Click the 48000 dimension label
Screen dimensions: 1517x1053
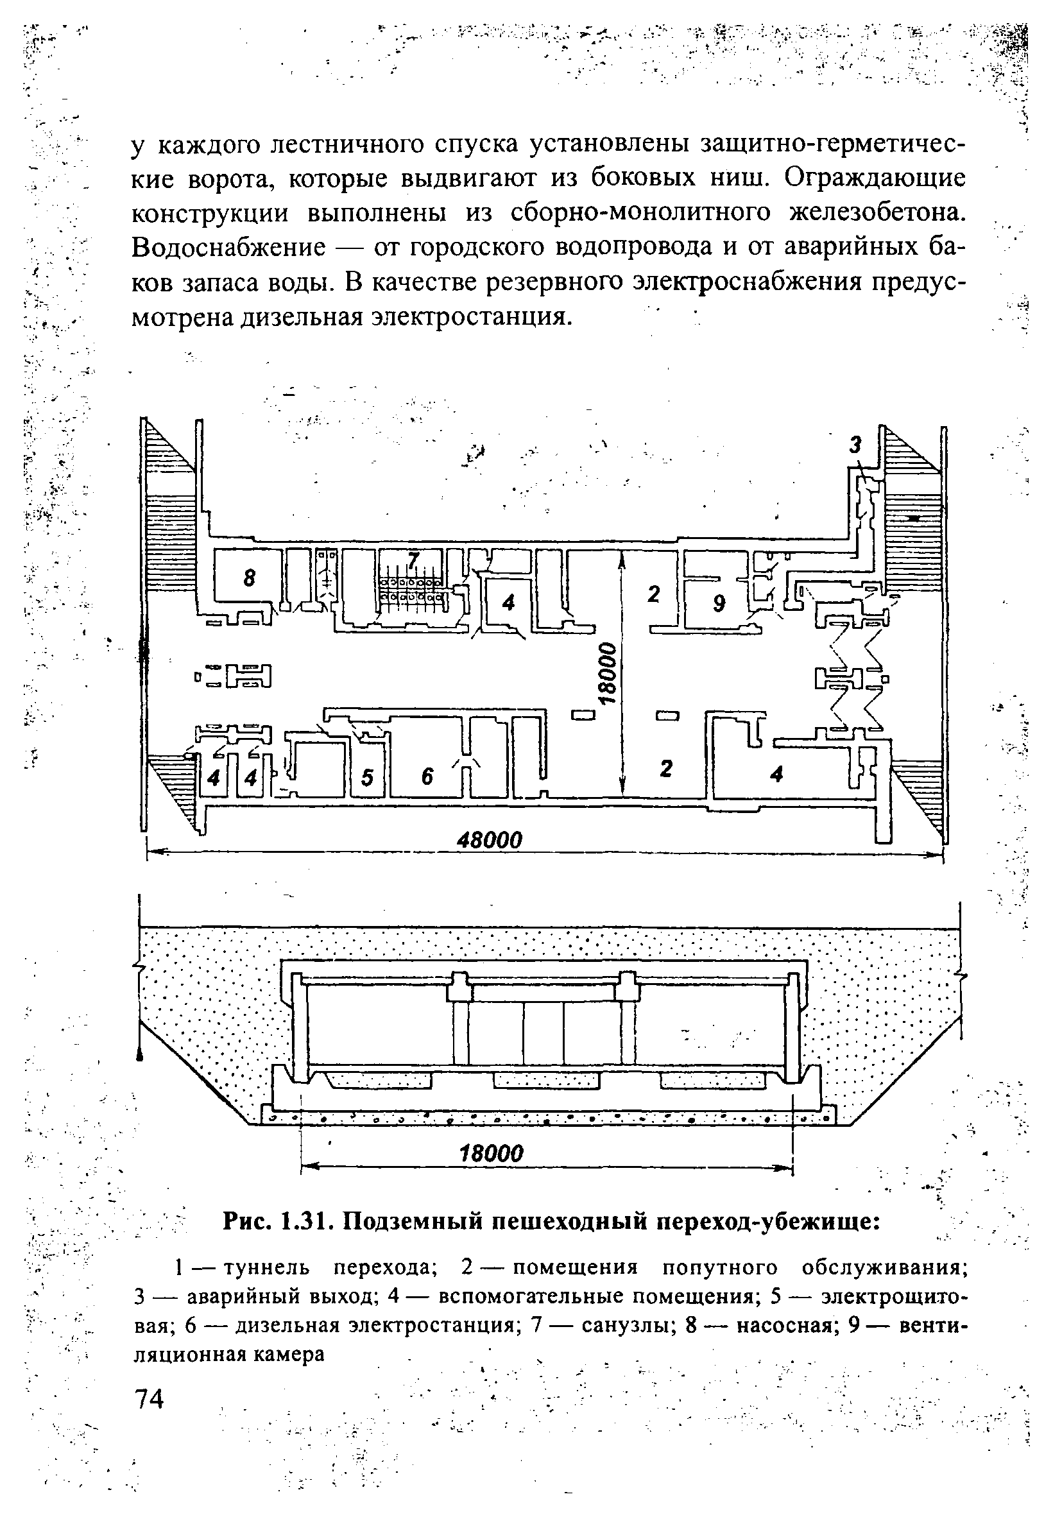tap(489, 840)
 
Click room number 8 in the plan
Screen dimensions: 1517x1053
tap(249, 579)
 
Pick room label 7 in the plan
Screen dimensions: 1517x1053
tap(413, 560)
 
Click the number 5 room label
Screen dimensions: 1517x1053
tap(367, 778)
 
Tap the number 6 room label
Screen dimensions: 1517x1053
tap(427, 778)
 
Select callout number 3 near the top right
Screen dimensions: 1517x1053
tap(855, 445)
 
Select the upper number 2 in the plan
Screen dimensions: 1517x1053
tap(653, 594)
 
